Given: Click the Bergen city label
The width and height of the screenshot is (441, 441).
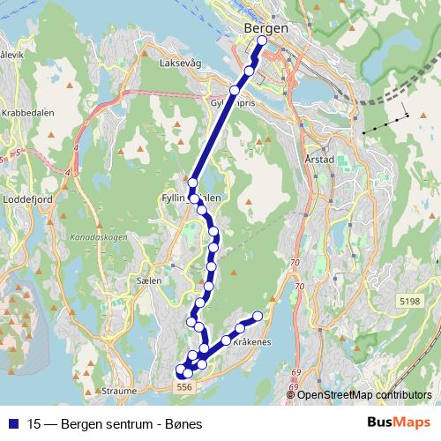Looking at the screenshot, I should pos(265,29).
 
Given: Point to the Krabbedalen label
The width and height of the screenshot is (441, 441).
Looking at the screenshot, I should pos(29,114).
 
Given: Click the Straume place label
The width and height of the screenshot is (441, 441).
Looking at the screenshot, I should pos(119,390).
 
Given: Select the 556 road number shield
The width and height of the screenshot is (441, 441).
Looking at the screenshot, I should pos(183,387).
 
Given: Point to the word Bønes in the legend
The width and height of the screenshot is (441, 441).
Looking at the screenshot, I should pos(185,422).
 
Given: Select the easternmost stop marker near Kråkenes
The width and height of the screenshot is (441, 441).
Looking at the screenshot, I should pos(258,317).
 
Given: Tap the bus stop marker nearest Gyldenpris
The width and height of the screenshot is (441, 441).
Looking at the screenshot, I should pos(235,91).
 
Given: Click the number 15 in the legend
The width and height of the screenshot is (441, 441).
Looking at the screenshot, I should pos(34,422).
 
